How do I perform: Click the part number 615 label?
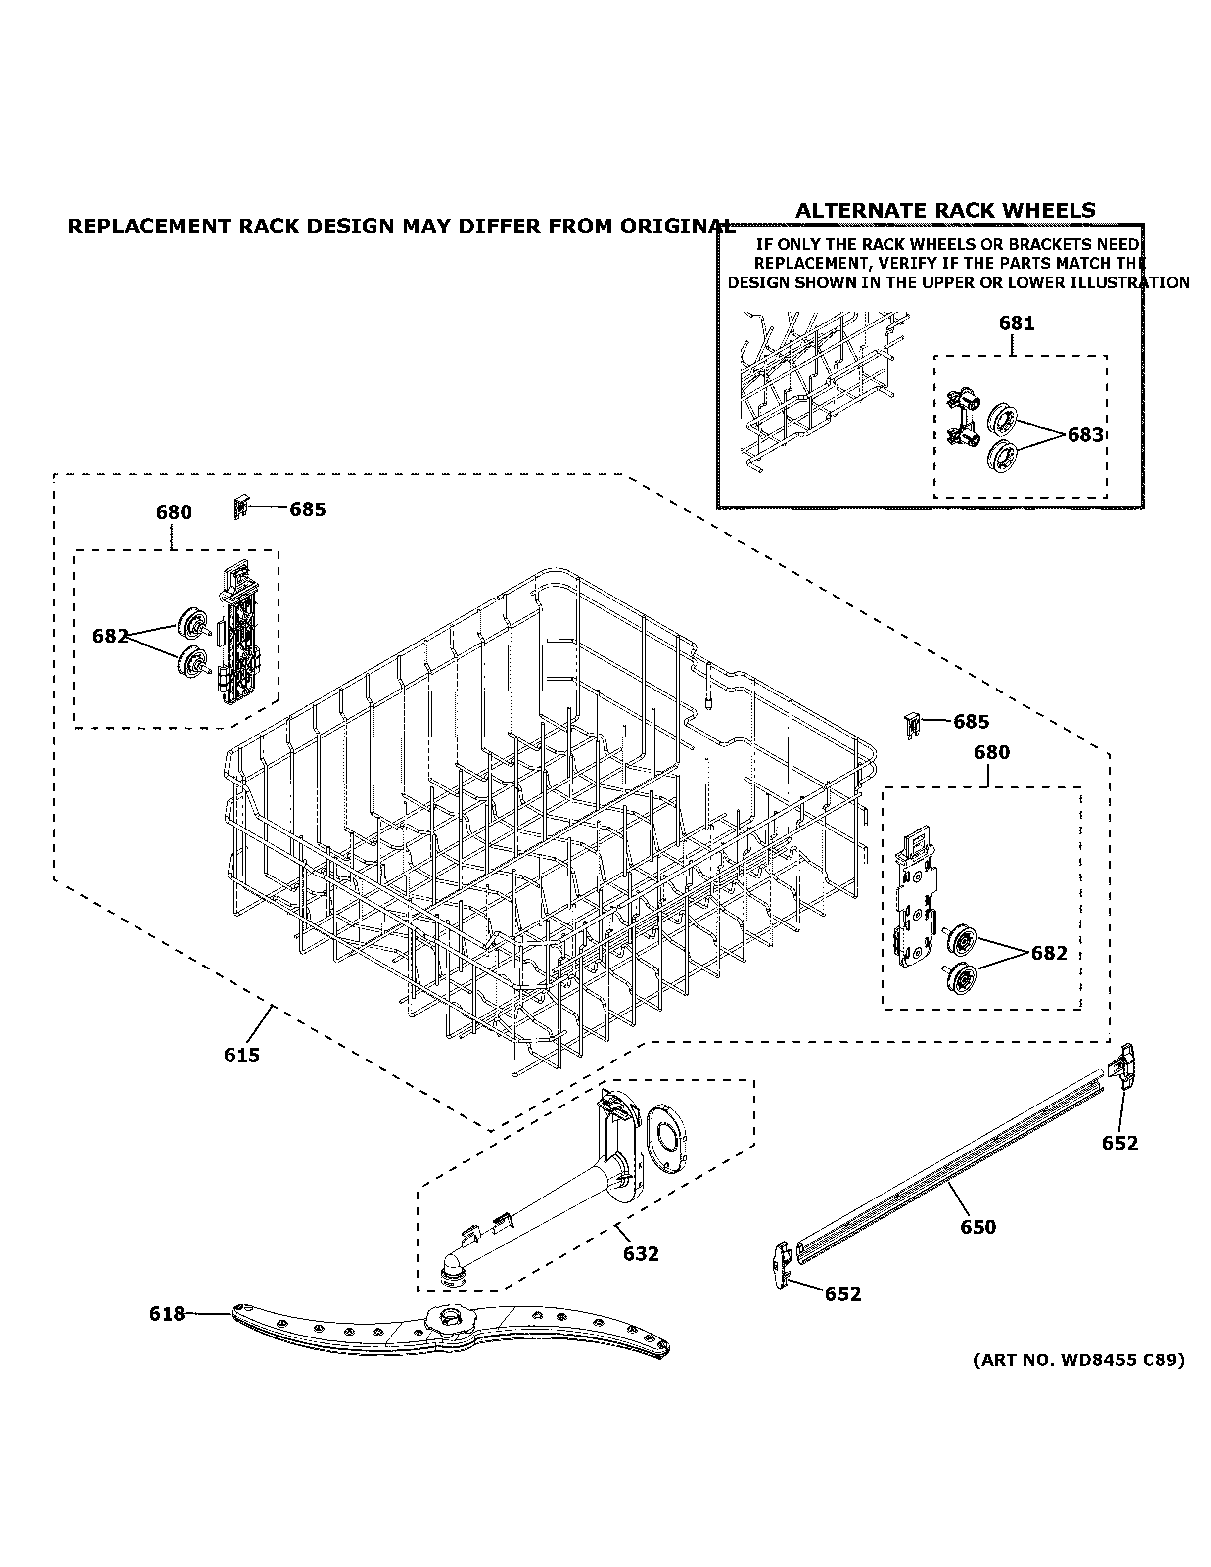coord(241,1055)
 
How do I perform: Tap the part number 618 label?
coord(166,1314)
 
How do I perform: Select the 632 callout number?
coord(640,1253)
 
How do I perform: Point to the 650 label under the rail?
coord(978,1227)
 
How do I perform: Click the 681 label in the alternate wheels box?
coord(1016,323)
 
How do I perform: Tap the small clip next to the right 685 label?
coord(911,725)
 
